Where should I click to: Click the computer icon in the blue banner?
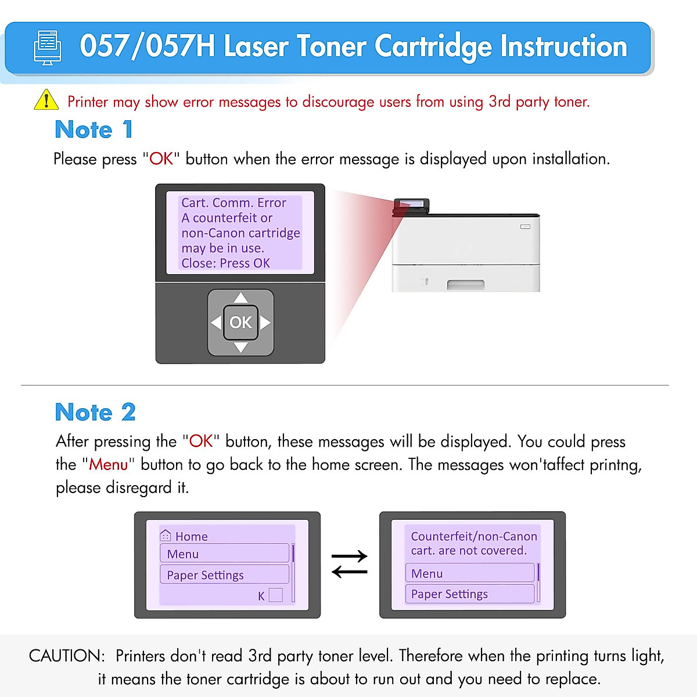click(x=48, y=48)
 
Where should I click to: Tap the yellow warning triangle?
click(x=46, y=100)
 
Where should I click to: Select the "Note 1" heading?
click(x=94, y=130)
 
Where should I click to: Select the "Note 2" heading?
click(x=95, y=412)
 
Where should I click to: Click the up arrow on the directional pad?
click(x=240, y=299)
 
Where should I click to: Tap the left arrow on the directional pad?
click(x=216, y=322)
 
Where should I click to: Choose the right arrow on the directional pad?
click(x=265, y=322)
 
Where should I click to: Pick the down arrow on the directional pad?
click(x=240, y=347)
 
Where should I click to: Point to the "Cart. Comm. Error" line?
click(x=233, y=203)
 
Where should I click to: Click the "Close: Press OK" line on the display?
click(x=225, y=263)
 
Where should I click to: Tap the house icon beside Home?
click(x=166, y=535)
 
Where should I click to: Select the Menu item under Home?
click(x=224, y=554)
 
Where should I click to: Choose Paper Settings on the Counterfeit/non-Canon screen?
click(x=469, y=594)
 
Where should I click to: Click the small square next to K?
click(x=276, y=595)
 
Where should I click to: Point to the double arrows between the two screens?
click(x=349, y=563)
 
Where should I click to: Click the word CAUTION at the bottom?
click(x=67, y=656)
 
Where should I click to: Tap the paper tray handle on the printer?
click(x=465, y=285)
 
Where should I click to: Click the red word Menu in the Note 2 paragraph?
click(x=109, y=465)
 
